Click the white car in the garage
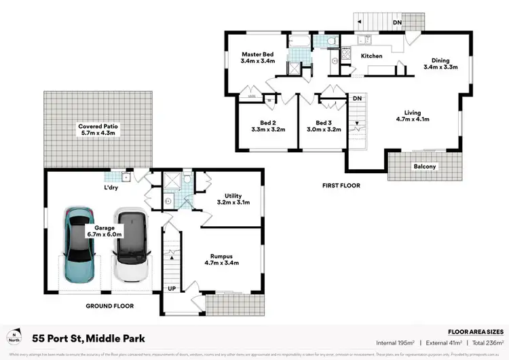click(x=130, y=245)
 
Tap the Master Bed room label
click(x=257, y=54)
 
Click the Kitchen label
click(x=371, y=56)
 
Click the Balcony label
click(x=424, y=166)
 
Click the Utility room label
click(x=233, y=195)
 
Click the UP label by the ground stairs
click(x=172, y=288)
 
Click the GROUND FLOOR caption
click(x=110, y=306)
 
